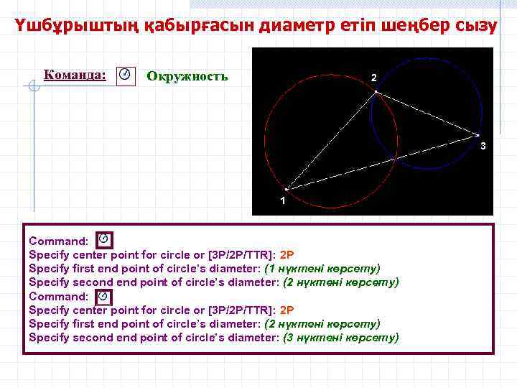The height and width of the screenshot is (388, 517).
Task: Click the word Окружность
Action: pyautogui.click(x=187, y=75)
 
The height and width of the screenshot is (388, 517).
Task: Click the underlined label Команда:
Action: pyautogui.click(x=75, y=75)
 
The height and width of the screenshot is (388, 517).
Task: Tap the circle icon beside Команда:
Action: pyautogui.click(x=126, y=75)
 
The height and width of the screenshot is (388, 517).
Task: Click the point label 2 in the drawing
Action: pyautogui.click(x=373, y=77)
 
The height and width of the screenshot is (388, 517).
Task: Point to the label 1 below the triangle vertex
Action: pyautogui.click(x=283, y=200)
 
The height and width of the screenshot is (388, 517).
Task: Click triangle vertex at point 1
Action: pyautogui.click(x=287, y=190)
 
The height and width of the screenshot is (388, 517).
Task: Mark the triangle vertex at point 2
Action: pyautogui.click(x=376, y=91)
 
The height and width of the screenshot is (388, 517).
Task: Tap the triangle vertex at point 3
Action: pyautogui.click(x=478, y=134)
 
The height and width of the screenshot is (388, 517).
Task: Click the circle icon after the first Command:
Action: pyautogui.click(x=104, y=239)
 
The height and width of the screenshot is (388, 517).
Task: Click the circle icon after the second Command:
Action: pyautogui.click(x=104, y=295)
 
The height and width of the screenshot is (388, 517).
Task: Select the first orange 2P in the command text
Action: pyautogui.click(x=287, y=254)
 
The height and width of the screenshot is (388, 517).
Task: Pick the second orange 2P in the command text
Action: pyautogui.click(x=287, y=310)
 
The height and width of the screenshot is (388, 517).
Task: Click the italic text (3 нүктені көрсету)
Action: pyautogui.click(x=341, y=338)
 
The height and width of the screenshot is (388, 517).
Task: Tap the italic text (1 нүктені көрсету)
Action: pyautogui.click(x=322, y=268)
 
